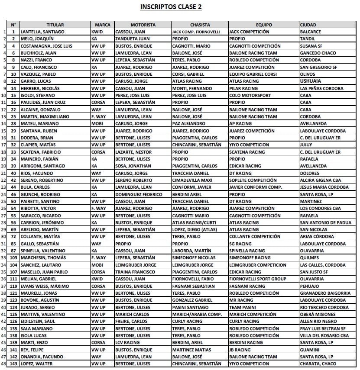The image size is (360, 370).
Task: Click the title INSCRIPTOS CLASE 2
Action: point(171,7)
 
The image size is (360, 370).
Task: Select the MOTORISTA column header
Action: point(143,25)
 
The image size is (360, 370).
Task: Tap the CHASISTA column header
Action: point(199,25)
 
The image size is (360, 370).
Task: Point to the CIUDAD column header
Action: point(308,25)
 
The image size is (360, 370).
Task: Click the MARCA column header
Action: point(102,25)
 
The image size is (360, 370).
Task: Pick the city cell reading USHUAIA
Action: point(311,81)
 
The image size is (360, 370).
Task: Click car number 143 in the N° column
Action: point(13,364)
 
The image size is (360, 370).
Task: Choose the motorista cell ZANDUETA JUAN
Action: point(133,39)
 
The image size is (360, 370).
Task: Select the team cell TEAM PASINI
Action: point(243,307)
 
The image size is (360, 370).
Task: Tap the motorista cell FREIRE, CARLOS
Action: point(131,322)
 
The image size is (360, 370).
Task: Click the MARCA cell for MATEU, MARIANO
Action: point(97,123)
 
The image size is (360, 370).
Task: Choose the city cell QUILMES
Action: point(309,258)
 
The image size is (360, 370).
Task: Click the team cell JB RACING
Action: point(240,350)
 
